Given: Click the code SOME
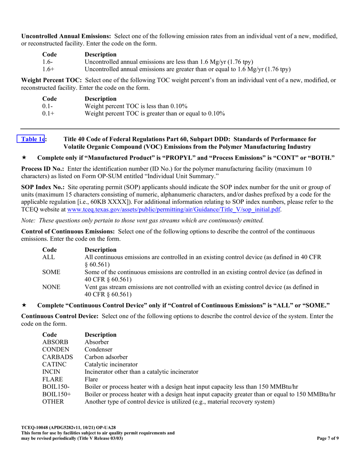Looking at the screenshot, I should [51, 272].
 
